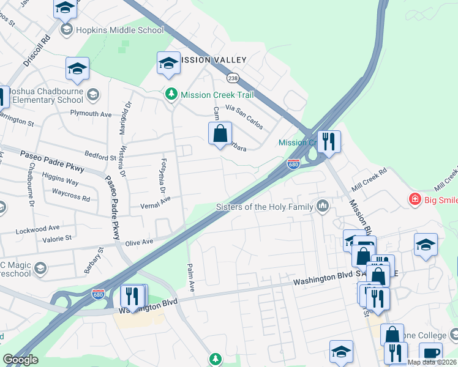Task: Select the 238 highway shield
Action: tap(232, 78)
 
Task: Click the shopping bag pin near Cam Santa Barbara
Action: tap(220, 133)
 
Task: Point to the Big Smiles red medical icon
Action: tap(415, 199)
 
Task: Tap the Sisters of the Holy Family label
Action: tap(265, 207)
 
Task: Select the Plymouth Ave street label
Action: tap(91, 114)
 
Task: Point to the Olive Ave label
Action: tap(139, 242)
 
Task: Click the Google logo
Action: tap(20, 360)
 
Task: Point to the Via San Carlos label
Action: tap(244, 116)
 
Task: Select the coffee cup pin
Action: tap(430, 353)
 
